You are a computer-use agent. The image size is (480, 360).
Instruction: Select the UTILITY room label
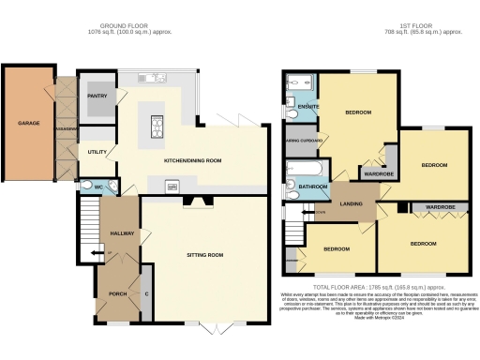(x=97, y=151)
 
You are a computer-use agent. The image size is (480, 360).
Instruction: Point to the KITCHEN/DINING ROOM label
(x=192, y=161)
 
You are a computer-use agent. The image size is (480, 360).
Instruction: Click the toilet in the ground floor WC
(x=86, y=185)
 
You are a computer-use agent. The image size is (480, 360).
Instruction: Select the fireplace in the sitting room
(x=196, y=201)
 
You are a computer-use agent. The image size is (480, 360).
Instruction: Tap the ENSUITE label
(x=307, y=107)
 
